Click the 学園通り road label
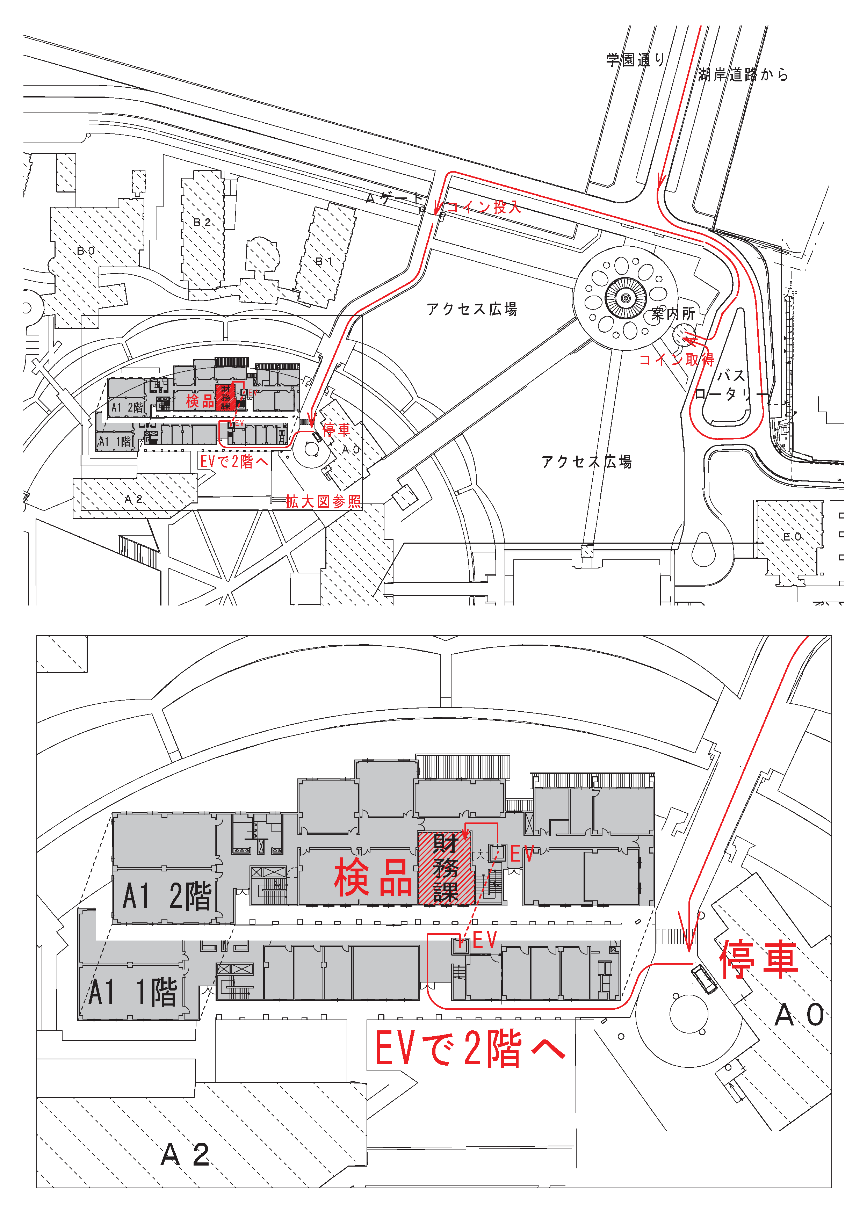coord(636,59)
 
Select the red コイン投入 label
coord(483,207)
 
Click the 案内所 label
coord(673,314)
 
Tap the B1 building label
coord(324,261)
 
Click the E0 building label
coord(792,536)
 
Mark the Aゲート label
coord(394,199)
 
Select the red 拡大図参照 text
coord(323,501)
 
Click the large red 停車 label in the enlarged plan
coord(759,959)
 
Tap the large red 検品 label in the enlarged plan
coord(373,878)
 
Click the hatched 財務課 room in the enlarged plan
coord(446,868)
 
